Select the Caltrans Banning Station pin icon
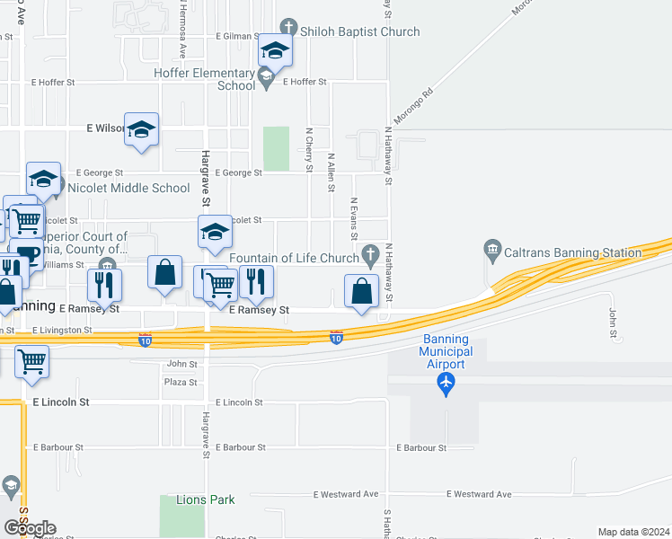(x=491, y=248)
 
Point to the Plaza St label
(x=180, y=382)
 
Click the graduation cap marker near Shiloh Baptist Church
(x=275, y=50)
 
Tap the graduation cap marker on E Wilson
(x=141, y=130)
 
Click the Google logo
(x=29, y=528)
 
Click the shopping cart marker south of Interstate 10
(x=31, y=362)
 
